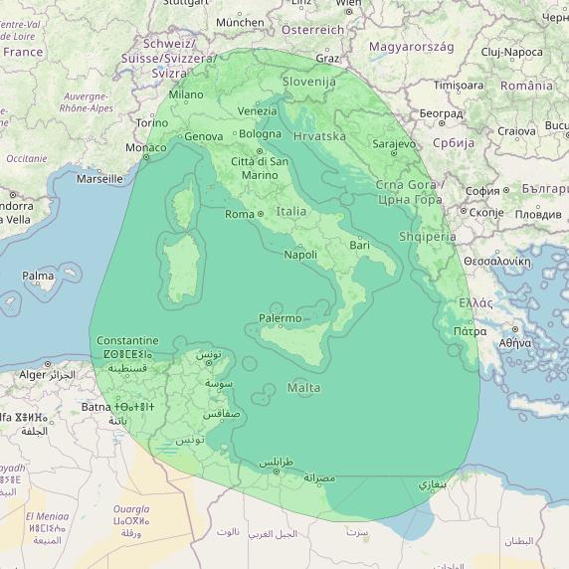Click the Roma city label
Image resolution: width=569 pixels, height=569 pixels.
pyautogui.click(x=240, y=214)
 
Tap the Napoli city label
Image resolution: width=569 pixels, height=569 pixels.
pyautogui.click(x=300, y=255)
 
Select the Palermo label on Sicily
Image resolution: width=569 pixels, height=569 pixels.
pyautogui.click(x=280, y=318)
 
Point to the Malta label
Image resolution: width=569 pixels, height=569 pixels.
pyautogui.click(x=303, y=387)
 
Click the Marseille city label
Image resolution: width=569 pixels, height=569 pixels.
pyautogui.click(x=99, y=179)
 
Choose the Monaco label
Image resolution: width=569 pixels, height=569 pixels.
pyautogui.click(x=145, y=148)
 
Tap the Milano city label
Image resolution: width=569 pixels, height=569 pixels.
pyautogui.click(x=185, y=95)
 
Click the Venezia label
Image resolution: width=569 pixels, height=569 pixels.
pyautogui.click(x=258, y=111)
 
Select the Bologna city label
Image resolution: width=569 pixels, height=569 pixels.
pyautogui.click(x=261, y=134)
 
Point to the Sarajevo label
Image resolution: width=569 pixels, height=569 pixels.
pyautogui.click(x=394, y=144)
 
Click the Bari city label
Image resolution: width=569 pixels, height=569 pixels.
pyautogui.click(x=359, y=244)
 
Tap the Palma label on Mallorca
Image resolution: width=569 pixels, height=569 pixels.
pyautogui.click(x=38, y=276)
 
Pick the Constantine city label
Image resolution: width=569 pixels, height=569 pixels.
pyautogui.click(x=127, y=340)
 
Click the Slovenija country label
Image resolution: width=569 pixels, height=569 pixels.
pyautogui.click(x=309, y=82)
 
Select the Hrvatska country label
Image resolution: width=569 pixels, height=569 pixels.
pyautogui.click(x=320, y=135)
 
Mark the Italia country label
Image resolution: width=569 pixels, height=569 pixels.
pyautogui.click(x=291, y=211)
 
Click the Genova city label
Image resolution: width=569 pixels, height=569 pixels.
pyautogui.click(x=204, y=136)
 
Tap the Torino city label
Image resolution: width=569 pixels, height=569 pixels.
pyautogui.click(x=152, y=122)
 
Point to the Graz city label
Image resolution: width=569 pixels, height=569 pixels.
pyautogui.click(x=327, y=59)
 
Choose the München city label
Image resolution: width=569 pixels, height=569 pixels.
pyautogui.click(x=240, y=22)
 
